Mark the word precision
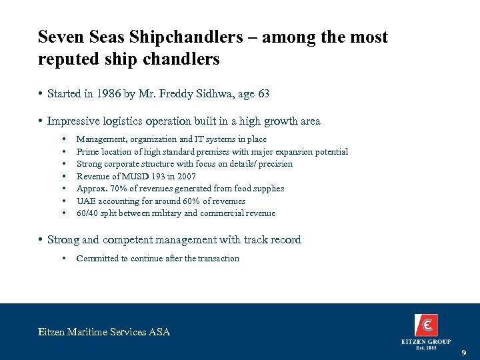[x=274, y=164]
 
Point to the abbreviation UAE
[x=85, y=201]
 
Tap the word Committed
[x=97, y=258]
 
